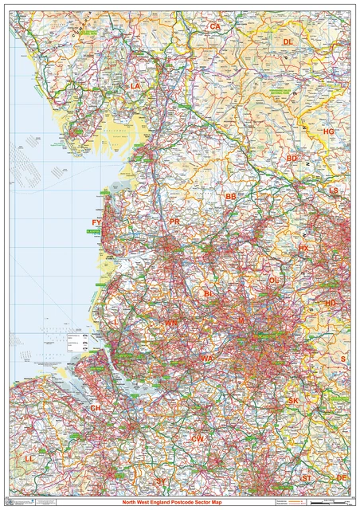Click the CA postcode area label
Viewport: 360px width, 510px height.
pos(214,26)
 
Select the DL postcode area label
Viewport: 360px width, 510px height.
pos(288,41)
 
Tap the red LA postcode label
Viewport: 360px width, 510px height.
pos(135,85)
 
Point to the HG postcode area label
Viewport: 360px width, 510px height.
pos(329,131)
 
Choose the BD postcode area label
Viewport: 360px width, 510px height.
pos(292,159)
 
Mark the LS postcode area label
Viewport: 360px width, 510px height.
pos(334,190)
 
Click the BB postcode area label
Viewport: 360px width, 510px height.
pos(230,196)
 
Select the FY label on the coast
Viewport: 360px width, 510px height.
pos(96,222)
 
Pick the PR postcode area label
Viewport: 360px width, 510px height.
pos(174,222)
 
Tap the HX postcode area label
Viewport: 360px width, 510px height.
pos(303,249)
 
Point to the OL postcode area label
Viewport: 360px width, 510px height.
pos(274,280)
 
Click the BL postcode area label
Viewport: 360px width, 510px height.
pos(209,294)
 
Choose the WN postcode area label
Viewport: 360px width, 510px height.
pos(171,323)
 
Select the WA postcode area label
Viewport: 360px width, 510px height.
pos(207,359)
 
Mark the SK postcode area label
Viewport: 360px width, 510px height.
pos(293,400)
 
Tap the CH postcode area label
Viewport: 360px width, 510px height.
pos(96,408)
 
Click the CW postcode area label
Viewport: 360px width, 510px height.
pos(198,439)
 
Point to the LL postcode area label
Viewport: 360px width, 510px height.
pos(29,459)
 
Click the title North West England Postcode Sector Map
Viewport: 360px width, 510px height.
pos(180,503)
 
